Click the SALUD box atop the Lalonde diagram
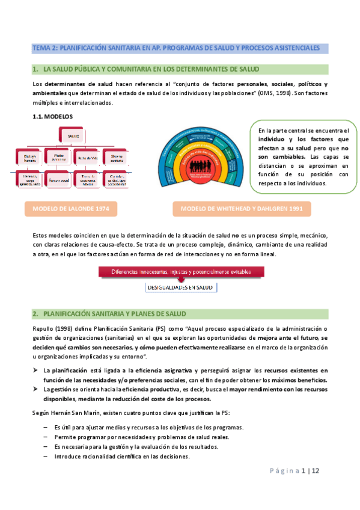click(74, 136)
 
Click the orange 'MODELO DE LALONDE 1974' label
click(71, 209)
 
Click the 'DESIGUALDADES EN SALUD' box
click(180, 288)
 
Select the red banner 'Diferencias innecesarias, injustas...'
click(181, 272)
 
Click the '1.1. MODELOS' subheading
click(52, 117)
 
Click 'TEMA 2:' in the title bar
click(44, 48)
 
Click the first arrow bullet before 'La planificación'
click(36, 369)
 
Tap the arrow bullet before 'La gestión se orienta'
click(36, 390)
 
